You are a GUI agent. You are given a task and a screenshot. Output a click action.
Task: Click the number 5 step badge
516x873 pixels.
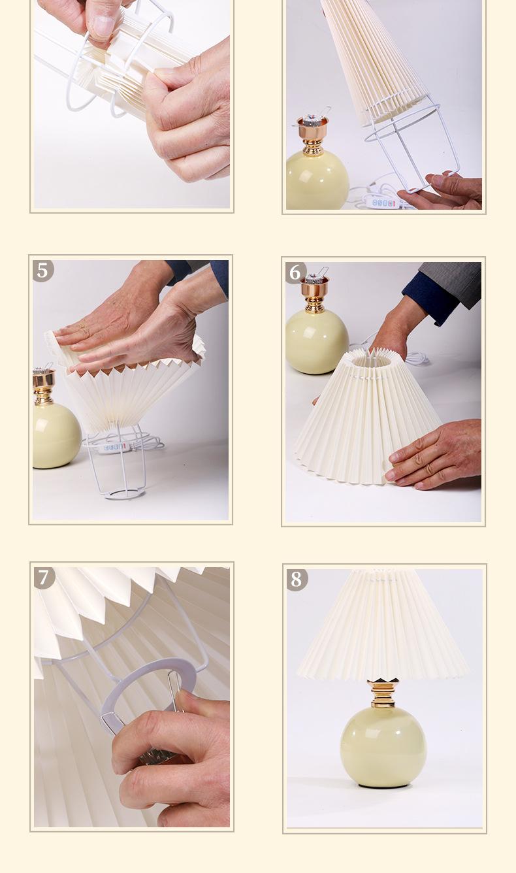42,271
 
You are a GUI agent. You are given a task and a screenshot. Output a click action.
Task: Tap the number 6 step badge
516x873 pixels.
295,272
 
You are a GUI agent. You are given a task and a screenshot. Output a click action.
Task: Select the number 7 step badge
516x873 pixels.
44,578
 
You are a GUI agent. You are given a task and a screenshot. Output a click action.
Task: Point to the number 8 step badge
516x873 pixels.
297,579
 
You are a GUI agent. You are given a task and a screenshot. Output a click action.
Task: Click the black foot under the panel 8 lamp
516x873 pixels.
383,785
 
